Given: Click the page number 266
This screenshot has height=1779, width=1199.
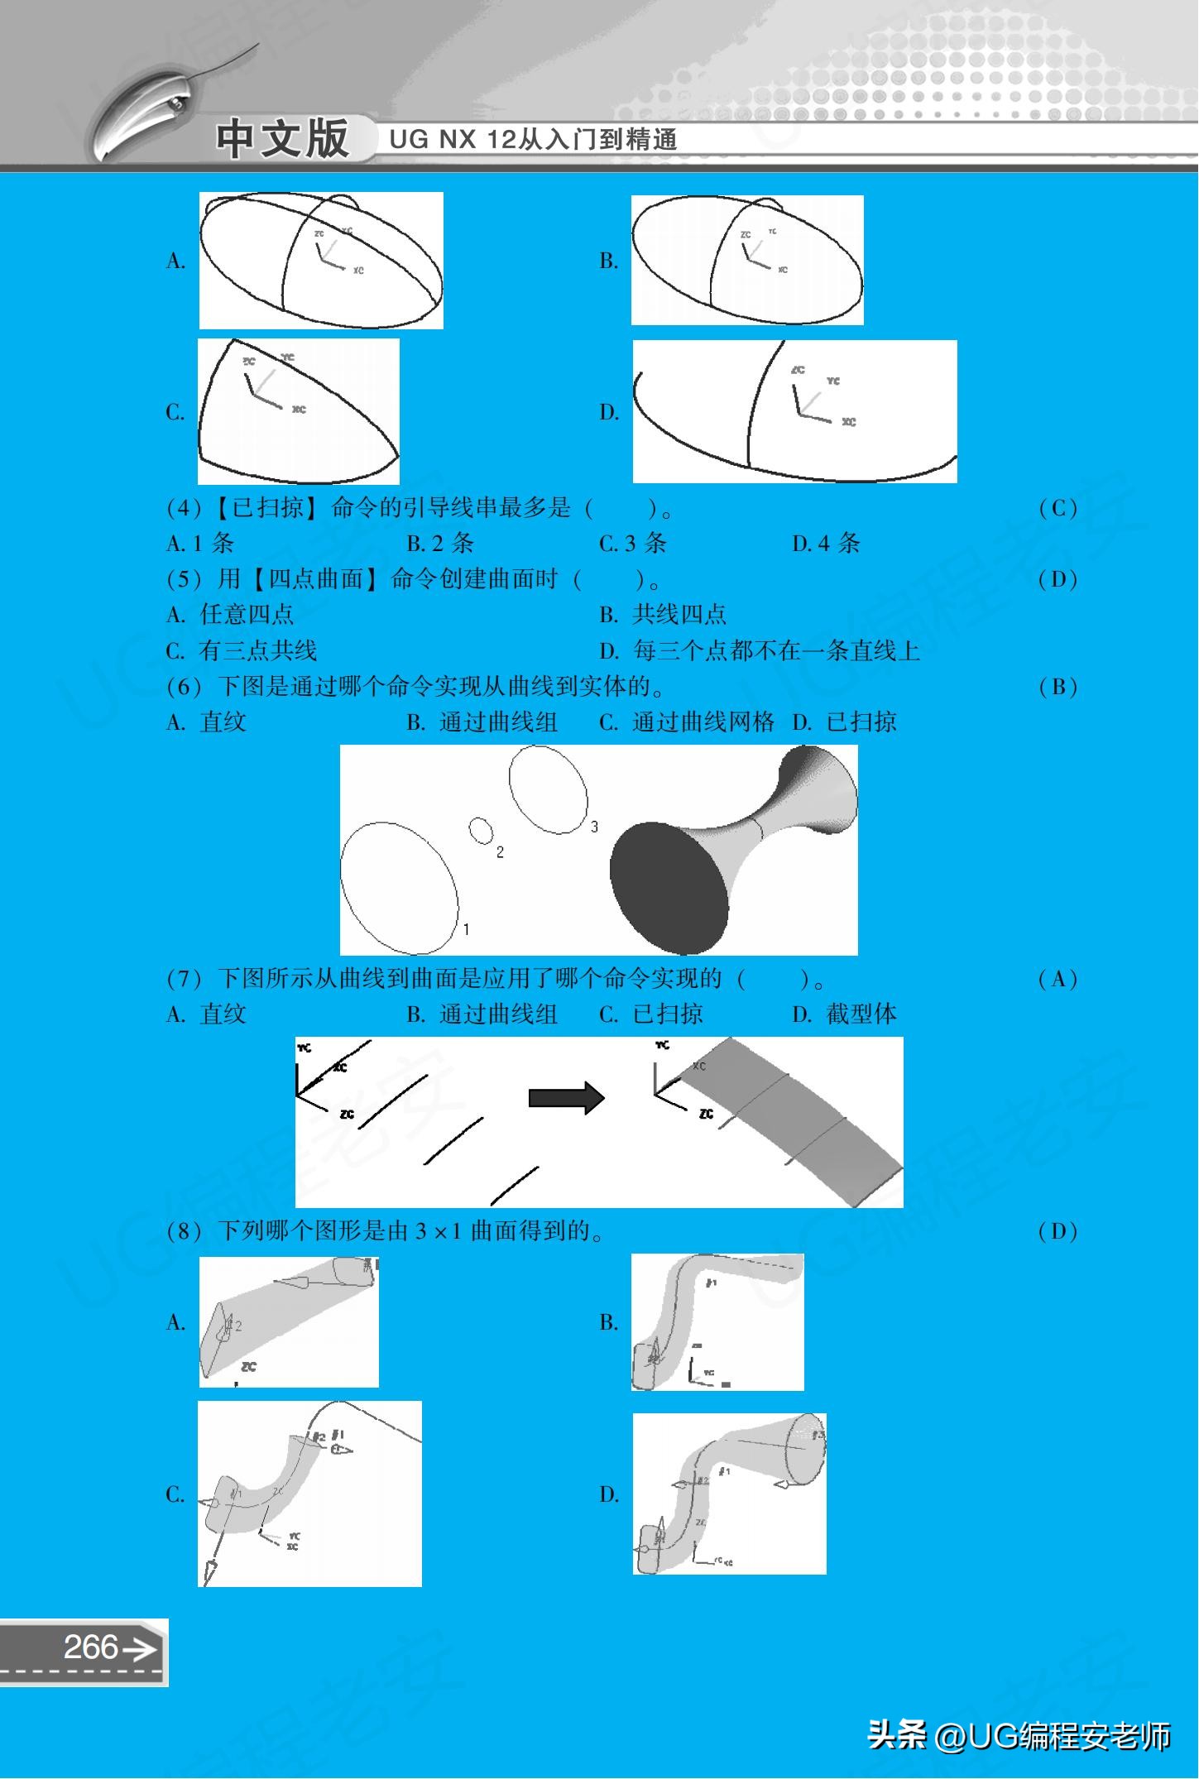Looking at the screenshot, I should coord(91,1647).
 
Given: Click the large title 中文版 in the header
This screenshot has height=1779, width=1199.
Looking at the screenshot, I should coord(282,139).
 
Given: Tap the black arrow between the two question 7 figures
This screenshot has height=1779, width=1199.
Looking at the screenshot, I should coord(567,1098).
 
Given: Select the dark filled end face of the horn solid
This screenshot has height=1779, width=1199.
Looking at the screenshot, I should coord(669,889).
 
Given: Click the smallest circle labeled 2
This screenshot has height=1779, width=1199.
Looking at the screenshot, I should coord(482,830).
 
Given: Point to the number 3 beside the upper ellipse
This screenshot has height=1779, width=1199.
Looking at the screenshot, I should coord(594,827).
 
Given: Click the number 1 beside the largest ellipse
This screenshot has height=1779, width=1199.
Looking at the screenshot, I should coord(466,929).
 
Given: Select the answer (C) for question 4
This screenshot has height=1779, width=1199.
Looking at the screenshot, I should coord(1058,508).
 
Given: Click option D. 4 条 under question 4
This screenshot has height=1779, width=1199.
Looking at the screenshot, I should coord(826,544).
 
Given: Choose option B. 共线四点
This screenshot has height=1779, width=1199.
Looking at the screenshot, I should coord(663,615).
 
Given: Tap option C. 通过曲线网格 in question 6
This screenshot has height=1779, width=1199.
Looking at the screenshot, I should coord(686,722).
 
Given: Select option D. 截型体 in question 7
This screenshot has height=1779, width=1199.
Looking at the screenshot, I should coord(844,1014).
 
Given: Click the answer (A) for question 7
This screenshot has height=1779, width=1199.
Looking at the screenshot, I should coord(1058,980).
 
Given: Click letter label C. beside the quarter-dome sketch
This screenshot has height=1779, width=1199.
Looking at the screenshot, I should coord(175,412).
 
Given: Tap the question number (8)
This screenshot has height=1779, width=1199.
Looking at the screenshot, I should coord(184,1231).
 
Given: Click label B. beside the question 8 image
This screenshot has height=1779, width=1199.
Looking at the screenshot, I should coord(609,1322).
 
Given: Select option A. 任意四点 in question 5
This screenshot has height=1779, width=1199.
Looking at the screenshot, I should coord(230,615).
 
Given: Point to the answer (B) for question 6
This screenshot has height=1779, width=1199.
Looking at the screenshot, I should coord(1058,687).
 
